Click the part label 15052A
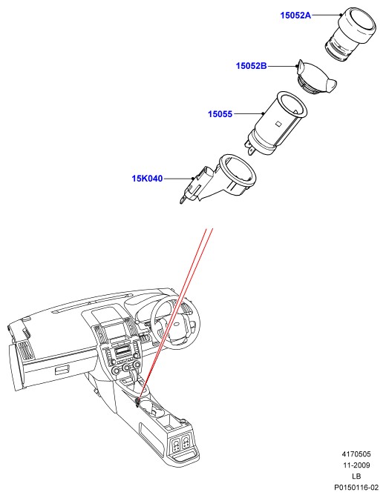tap(295, 16)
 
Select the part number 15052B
tap(251, 66)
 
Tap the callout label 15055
tap(220, 113)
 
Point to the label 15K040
tap(147, 179)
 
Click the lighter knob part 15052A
tap(350, 34)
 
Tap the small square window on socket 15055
tap(278, 123)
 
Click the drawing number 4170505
tap(356, 454)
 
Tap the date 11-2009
tap(356, 465)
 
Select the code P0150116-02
tap(356, 487)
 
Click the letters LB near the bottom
tap(356, 477)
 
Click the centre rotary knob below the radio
tap(127, 368)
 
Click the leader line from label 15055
tap(249, 113)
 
